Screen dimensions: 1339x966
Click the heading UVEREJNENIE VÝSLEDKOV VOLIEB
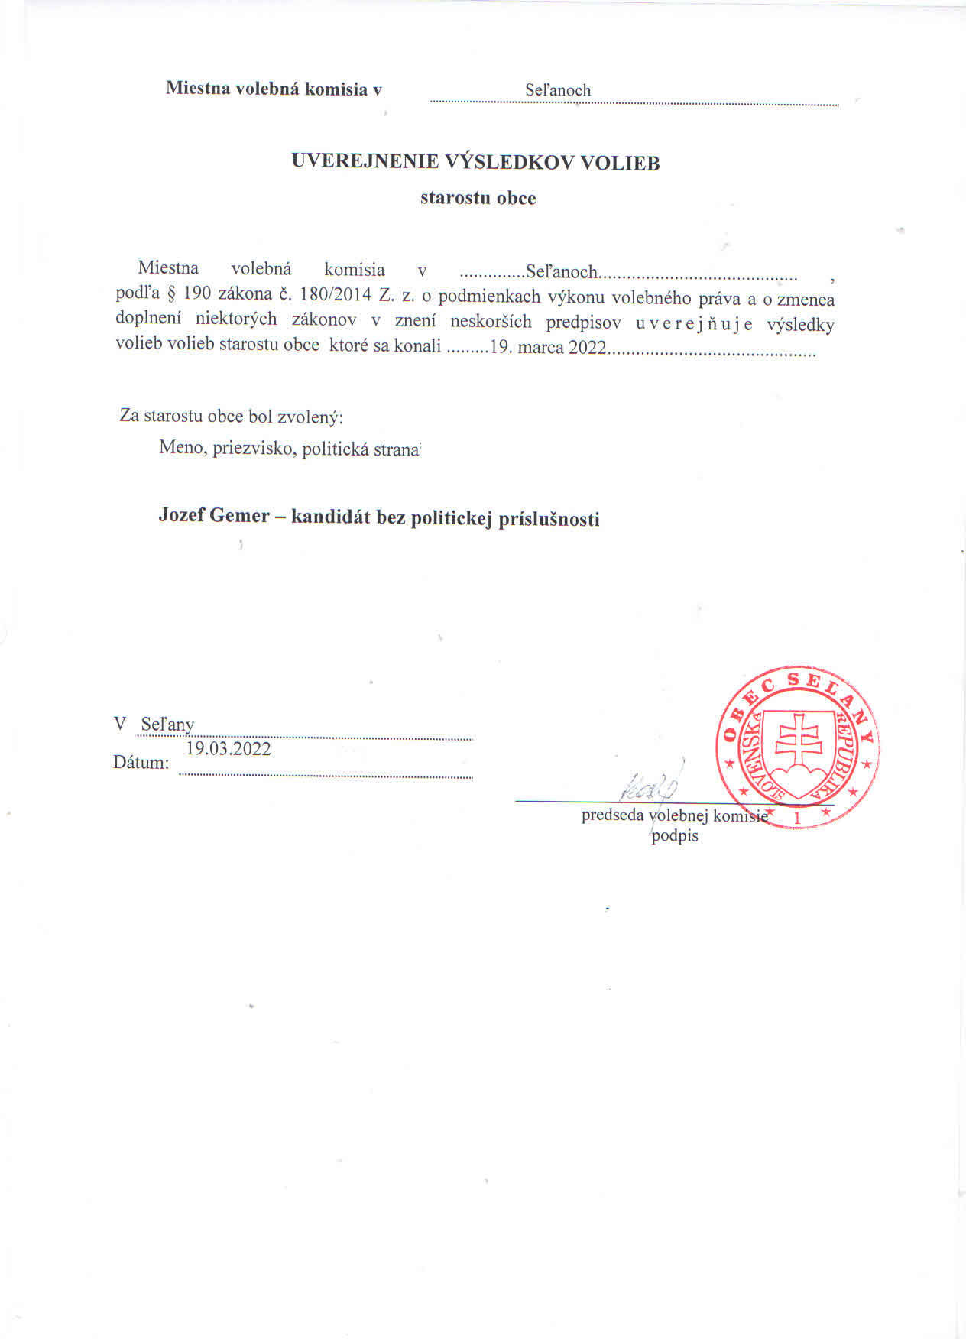475,162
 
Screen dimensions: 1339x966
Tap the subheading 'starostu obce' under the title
478,198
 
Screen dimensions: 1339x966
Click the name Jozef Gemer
214,515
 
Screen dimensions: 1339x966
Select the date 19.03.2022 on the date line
229,748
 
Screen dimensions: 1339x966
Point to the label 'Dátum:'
141,762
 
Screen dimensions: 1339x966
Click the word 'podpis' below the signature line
675,835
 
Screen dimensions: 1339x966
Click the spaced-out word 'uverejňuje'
694,324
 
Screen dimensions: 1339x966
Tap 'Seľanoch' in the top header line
558,90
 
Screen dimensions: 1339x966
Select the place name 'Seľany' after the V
167,724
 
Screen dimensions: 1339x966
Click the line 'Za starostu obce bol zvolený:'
232,417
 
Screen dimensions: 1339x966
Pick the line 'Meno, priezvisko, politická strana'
290,448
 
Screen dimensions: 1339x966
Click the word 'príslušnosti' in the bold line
549,519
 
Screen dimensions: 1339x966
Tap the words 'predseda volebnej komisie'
674,815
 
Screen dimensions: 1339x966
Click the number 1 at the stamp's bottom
797,819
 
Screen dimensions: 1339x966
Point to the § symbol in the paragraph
171,296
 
